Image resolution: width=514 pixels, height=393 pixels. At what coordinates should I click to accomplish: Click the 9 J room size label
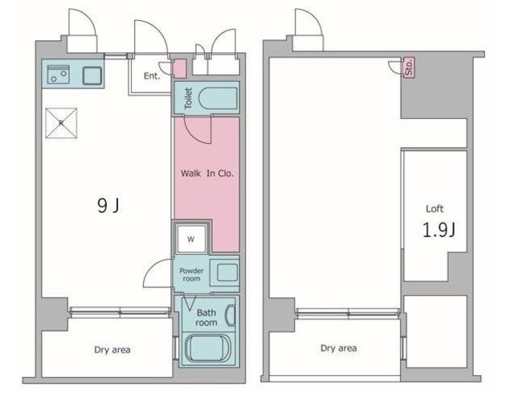click(108, 206)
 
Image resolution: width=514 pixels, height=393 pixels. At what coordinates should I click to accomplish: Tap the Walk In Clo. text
click(207, 174)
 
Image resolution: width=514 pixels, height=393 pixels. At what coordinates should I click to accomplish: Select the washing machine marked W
click(191, 239)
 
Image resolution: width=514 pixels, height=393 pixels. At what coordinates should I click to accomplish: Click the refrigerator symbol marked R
click(61, 123)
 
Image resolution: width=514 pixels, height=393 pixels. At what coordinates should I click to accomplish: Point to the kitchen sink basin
click(92, 76)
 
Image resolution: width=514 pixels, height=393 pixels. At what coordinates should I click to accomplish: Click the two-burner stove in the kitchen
click(59, 75)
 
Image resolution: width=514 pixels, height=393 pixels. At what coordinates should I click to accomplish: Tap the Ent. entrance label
click(152, 76)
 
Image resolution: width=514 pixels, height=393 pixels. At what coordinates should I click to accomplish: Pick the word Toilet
click(188, 98)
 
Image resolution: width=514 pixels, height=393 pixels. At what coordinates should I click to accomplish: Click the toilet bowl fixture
click(217, 98)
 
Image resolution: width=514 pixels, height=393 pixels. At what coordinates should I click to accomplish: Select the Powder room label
click(191, 275)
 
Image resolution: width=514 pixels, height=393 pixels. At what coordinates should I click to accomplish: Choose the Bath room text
click(206, 317)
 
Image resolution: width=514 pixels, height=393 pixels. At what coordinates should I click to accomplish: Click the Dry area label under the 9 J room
click(112, 350)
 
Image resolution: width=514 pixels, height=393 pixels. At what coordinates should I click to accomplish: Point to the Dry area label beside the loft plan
click(339, 348)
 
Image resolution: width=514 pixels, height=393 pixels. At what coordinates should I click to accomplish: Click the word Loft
click(434, 209)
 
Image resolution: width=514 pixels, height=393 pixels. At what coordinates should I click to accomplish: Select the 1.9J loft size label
click(439, 230)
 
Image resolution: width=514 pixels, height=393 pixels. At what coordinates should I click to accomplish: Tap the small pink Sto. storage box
click(409, 68)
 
